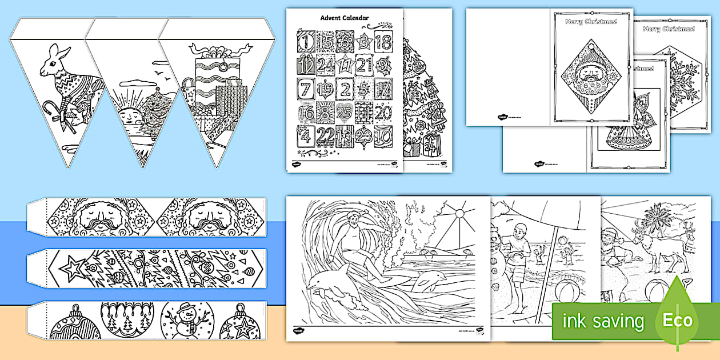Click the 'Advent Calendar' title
click(344, 18)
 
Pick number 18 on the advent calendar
click(383, 42)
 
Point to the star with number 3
click(364, 42)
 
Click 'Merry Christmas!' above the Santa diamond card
click(583, 22)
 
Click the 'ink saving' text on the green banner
click(603, 321)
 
